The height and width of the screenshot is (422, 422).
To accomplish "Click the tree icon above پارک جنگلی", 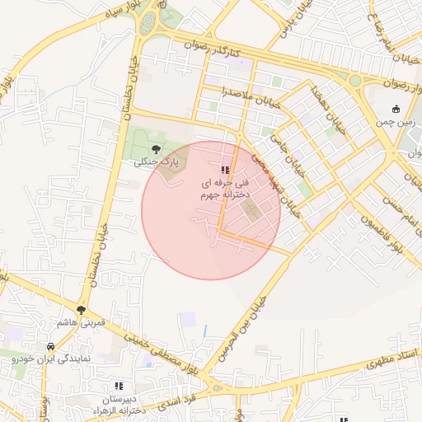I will click(156, 149).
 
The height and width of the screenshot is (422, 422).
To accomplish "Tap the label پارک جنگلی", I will click(156, 162).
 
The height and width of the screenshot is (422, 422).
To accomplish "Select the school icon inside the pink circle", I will click(225, 171).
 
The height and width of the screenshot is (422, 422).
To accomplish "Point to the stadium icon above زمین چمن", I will click(396, 109).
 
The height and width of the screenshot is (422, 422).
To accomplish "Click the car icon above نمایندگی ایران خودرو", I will click(51, 347).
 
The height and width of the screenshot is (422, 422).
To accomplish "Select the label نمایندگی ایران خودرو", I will click(51, 359).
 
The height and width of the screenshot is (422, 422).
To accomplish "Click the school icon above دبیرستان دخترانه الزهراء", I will click(119, 385).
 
